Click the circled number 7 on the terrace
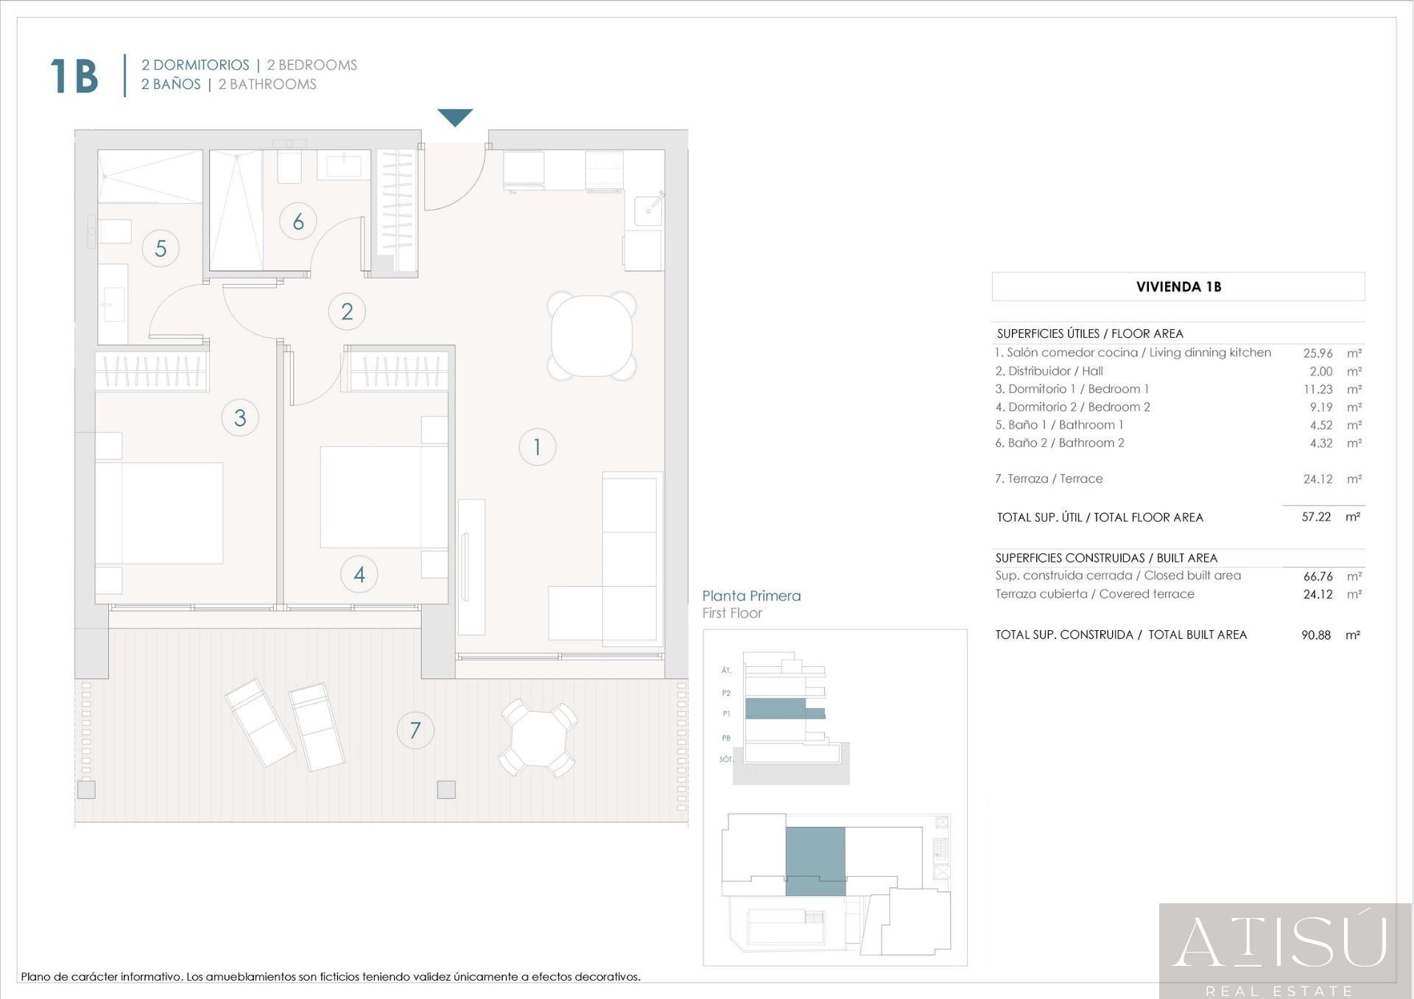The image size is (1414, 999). [415, 730]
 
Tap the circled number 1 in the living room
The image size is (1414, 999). [537, 447]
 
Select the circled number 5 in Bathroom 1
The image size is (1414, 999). [161, 248]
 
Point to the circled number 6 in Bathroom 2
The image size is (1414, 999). [298, 221]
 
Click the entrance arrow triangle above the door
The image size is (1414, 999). [455, 116]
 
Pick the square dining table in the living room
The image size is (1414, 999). [592, 336]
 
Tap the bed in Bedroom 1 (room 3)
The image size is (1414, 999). [160, 513]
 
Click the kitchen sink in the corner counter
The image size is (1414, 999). [649, 210]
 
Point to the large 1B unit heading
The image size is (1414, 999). [74, 76]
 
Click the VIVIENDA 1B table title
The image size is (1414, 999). [1178, 287]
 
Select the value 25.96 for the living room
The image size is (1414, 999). [1318, 353]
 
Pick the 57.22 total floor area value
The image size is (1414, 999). [1316, 517]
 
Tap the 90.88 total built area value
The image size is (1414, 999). [1316, 635]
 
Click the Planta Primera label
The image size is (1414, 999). [751, 596]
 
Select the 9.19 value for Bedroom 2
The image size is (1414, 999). [1320, 407]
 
